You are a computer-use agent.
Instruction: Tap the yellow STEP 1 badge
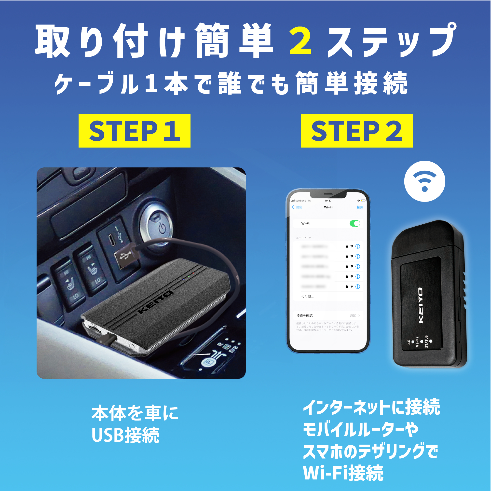135,131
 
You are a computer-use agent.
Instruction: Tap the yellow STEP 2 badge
356,131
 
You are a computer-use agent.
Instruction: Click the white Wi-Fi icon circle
425,181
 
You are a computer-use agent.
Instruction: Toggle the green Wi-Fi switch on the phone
355,223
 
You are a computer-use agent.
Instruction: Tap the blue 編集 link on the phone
360,207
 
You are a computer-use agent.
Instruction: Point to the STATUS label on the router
426,341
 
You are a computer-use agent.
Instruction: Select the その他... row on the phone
308,296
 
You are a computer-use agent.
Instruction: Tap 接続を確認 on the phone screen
304,316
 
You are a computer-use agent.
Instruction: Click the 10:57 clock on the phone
328,201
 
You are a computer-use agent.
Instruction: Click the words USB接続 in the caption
125,435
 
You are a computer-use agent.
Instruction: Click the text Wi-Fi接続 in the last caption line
343,473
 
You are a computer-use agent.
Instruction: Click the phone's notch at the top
328,194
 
